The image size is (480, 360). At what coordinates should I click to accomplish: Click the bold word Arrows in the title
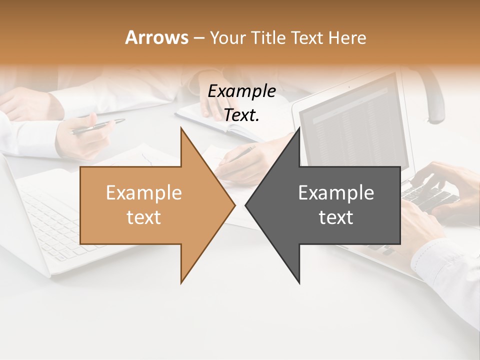157,37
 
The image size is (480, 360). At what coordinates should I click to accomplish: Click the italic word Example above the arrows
241,91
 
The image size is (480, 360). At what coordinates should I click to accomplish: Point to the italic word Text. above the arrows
241,115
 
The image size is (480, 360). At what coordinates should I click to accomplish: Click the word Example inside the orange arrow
144,192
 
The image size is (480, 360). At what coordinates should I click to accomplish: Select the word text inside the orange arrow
144,217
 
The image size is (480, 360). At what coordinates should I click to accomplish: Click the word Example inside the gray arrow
336,192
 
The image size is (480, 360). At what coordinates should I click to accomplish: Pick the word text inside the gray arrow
336,217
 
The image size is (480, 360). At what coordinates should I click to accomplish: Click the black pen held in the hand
98,126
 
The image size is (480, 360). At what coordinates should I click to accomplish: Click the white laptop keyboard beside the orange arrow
50,220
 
